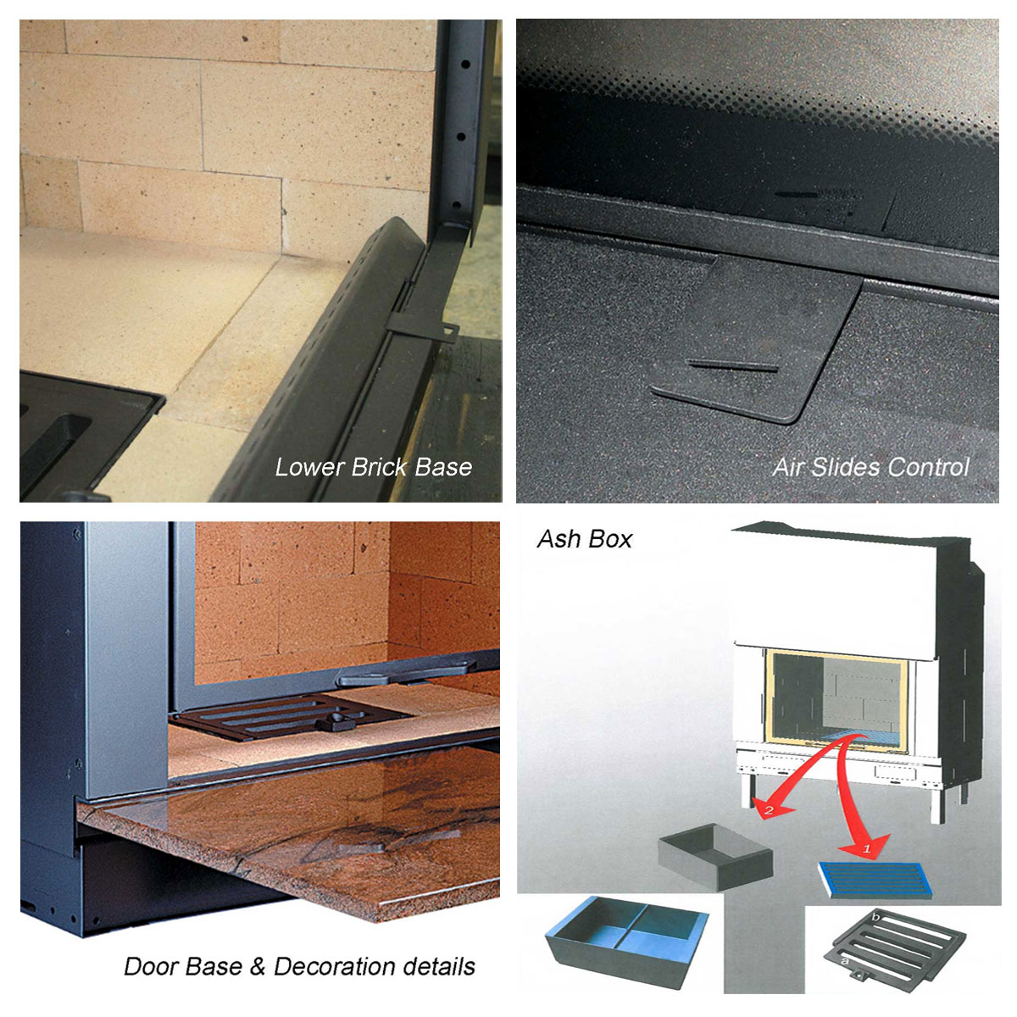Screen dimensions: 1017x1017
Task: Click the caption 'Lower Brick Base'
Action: [373, 468]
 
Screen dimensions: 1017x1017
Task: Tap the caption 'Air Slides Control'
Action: [871, 468]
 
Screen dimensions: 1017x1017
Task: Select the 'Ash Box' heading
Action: [585, 539]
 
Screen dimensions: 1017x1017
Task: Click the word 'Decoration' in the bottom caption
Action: [335, 967]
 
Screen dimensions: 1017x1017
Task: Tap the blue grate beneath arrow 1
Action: [875, 880]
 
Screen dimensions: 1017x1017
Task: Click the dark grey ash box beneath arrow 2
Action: [715, 857]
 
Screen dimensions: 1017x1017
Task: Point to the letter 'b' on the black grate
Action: [875, 918]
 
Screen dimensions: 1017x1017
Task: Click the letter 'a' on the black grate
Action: [845, 961]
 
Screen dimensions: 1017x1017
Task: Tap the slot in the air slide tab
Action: [732, 365]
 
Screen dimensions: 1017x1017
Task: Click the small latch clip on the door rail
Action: [423, 329]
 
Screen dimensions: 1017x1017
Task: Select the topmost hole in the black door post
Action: [465, 64]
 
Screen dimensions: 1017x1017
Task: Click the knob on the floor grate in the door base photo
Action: [335, 721]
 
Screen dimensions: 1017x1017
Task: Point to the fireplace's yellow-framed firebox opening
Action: [836, 700]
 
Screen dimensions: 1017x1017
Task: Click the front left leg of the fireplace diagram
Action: [747, 790]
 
